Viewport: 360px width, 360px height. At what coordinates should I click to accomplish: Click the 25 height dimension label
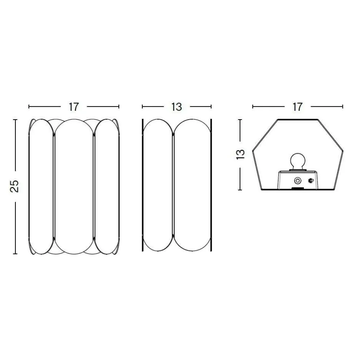point(15,186)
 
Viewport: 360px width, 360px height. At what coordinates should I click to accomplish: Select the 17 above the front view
point(74,107)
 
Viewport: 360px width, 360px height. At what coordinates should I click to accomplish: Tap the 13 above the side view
point(176,107)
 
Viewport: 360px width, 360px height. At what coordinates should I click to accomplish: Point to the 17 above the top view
point(297,107)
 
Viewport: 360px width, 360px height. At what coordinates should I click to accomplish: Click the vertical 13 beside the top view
point(240,154)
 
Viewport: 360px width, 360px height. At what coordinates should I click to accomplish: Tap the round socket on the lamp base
point(298,180)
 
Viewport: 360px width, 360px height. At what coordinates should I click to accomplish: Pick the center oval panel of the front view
point(74,186)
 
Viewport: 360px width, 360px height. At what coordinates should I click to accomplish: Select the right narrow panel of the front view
point(107,186)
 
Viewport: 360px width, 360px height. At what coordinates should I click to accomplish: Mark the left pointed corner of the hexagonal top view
point(253,150)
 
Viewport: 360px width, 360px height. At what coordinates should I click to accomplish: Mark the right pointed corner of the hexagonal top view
point(343,150)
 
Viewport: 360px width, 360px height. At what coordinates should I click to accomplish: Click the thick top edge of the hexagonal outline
point(297,119)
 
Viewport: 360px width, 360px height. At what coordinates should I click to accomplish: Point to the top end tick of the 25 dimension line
point(15,119)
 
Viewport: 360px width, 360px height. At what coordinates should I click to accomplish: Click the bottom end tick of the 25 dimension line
point(15,253)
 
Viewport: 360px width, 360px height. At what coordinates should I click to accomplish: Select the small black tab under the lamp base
point(297,189)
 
